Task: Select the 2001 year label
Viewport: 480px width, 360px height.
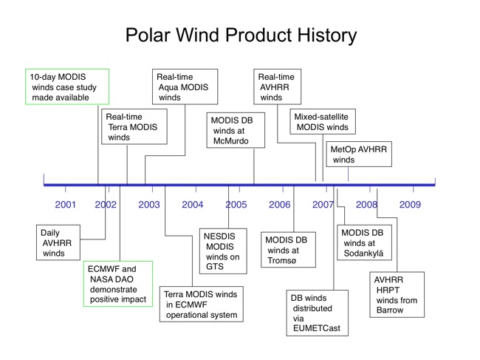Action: pyautogui.click(x=65, y=204)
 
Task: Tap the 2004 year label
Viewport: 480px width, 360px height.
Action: pyautogui.click(x=193, y=204)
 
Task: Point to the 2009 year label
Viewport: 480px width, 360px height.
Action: pyautogui.click(x=410, y=204)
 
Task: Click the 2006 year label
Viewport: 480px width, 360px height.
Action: pyautogui.click(x=279, y=204)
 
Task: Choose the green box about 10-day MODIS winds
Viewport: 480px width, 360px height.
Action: pyautogui.click(x=67, y=86)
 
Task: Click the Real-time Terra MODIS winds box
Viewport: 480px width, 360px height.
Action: pyautogui.click(x=134, y=126)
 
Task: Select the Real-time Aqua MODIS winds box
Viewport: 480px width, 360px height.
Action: pyautogui.click(x=185, y=86)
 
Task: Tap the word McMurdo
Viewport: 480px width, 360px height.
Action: pyautogui.click(x=231, y=141)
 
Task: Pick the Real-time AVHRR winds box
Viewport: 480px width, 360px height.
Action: pyautogui.click(x=278, y=86)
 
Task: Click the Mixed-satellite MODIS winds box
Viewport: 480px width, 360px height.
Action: pyautogui.click(x=323, y=121)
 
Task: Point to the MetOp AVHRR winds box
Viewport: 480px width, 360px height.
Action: pyautogui.click(x=359, y=154)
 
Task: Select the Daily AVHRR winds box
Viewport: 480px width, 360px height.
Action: pyautogui.click(x=58, y=242)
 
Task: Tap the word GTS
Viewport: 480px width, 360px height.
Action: pyautogui.click(x=215, y=267)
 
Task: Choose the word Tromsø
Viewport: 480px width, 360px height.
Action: pyautogui.click(x=282, y=260)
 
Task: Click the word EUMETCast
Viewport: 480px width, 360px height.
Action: pyautogui.click(x=317, y=328)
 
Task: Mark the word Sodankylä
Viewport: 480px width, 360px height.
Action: pyautogui.click(x=363, y=254)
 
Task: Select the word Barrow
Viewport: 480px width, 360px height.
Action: pyautogui.click(x=390, y=310)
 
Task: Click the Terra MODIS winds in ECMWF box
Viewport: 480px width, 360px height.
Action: pyautogui.click(x=202, y=305)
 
